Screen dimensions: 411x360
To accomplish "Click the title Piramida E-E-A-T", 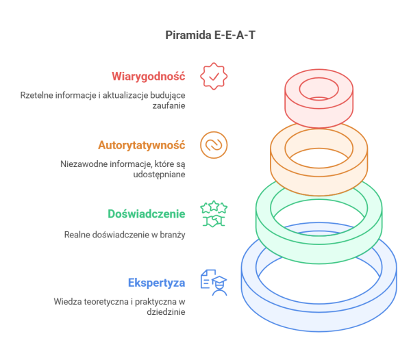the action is click(210, 35).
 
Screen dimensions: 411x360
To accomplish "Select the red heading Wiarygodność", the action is click(149, 77).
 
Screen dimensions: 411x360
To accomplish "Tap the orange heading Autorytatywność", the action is click(142, 145).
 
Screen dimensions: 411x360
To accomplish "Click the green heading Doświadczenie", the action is click(147, 214).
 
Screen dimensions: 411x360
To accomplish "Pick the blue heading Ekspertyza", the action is click(156, 283).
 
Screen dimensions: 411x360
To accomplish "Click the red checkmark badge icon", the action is click(214, 76).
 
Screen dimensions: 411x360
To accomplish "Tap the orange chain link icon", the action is click(214, 145).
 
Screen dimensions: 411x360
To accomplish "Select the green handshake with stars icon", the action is click(214, 214).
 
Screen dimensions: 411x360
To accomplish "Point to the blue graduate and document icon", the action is click(214, 283).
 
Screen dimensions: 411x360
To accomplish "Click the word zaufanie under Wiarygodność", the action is click(169, 105).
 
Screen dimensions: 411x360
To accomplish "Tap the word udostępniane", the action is click(159, 175).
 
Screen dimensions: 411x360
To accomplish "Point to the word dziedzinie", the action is click(166, 312).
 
